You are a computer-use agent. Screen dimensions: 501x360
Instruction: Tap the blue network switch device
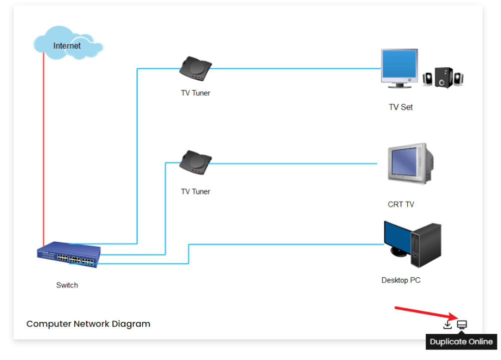[69, 255]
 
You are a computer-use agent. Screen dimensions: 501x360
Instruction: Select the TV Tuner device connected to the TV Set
[195, 68]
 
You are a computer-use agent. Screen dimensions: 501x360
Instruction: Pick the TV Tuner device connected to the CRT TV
[195, 162]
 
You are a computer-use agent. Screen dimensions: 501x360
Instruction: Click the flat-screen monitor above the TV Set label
[399, 68]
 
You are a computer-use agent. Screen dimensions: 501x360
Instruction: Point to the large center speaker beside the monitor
[443, 77]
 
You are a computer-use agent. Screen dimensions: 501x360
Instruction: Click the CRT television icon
[411, 163]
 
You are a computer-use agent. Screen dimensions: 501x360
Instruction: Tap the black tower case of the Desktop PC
[426, 245]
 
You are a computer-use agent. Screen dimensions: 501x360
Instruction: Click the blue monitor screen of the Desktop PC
[397, 237]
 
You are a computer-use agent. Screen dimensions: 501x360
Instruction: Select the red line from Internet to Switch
[44, 149]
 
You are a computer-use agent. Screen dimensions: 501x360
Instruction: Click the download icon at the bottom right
[447, 325]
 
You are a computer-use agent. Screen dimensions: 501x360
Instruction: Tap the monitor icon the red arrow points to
[462, 325]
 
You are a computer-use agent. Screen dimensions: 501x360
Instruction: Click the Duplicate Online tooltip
[461, 341]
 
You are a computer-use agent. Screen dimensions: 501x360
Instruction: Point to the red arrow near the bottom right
[426, 313]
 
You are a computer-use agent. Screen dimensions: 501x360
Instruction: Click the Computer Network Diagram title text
[88, 324]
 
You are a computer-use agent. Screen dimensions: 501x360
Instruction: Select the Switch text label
[67, 285]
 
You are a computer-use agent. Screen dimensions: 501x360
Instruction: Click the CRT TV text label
[401, 204]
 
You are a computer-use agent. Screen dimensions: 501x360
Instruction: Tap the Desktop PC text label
[401, 280]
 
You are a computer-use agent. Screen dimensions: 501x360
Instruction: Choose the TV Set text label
[401, 107]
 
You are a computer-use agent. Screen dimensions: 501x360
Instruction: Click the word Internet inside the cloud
[67, 46]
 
